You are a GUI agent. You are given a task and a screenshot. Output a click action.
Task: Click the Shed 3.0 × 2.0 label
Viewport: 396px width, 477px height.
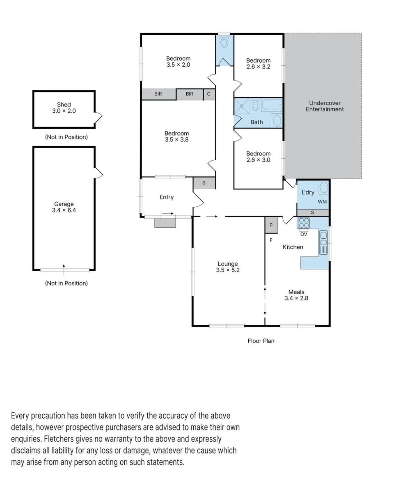[64, 108]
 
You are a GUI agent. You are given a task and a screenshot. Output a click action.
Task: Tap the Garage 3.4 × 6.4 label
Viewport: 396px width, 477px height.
[64, 207]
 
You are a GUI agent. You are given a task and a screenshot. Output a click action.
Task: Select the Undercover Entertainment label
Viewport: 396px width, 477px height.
[324, 106]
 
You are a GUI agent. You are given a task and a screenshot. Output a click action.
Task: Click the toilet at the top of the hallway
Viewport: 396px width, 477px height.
[224, 43]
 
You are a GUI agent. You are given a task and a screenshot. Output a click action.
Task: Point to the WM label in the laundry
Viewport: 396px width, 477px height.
[322, 202]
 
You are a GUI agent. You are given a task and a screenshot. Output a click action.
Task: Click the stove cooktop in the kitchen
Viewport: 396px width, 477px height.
[304, 223]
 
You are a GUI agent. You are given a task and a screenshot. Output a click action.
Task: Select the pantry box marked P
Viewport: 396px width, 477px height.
[271, 225]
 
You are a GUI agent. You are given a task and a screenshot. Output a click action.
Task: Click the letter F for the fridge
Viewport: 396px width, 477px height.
[271, 240]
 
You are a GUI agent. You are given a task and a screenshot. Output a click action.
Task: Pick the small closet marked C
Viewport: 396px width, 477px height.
[209, 94]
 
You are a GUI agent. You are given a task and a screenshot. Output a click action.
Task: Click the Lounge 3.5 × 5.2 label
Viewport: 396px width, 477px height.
[227, 267]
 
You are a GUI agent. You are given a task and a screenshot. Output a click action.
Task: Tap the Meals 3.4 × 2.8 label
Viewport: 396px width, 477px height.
[296, 295]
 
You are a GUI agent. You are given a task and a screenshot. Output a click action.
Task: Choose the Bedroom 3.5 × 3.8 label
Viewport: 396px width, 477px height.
[177, 136]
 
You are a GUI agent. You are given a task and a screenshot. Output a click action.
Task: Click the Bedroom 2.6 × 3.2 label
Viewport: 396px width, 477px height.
[258, 64]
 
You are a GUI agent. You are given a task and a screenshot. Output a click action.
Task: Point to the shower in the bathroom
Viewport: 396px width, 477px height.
[242, 106]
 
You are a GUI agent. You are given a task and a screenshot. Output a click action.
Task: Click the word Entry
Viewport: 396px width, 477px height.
[166, 197]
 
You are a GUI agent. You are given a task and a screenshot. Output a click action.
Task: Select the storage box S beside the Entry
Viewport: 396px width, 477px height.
[204, 183]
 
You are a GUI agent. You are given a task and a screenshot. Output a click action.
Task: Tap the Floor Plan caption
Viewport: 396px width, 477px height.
[261, 341]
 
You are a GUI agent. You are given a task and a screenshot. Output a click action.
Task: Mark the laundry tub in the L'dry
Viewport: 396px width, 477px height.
[324, 187]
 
